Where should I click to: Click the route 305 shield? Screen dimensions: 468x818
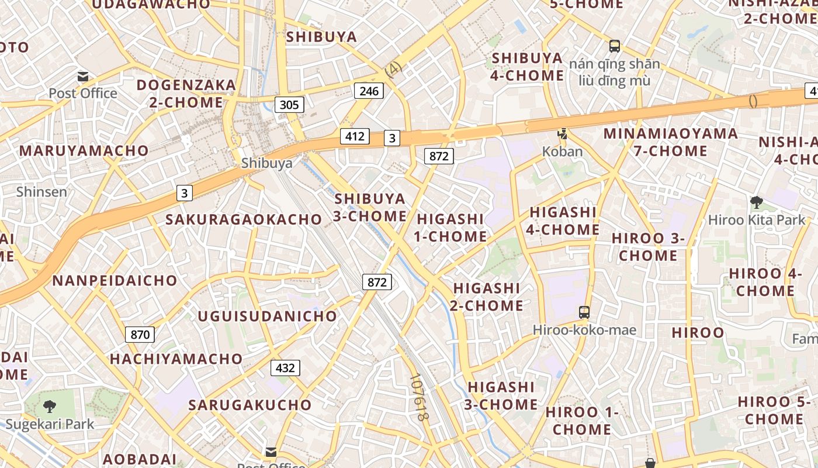tap(289, 105)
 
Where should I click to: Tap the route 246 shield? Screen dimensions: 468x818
tap(369, 91)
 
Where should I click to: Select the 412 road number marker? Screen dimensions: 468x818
tap(355, 136)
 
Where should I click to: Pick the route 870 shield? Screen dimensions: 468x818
tap(140, 335)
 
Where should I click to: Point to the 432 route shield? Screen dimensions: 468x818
tap(285, 368)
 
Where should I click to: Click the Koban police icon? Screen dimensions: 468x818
tap(563, 135)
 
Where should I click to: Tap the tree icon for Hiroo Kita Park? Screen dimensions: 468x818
tap(757, 203)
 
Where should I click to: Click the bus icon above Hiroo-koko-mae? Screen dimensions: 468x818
tap(584, 312)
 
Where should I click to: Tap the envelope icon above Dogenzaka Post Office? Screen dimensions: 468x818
tap(83, 76)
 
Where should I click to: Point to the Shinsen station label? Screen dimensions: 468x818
tap(41, 191)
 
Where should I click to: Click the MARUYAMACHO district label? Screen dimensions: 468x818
tap(84, 150)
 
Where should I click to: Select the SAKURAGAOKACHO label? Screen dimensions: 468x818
tap(244, 219)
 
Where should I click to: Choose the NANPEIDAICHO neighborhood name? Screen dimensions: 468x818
tap(115, 280)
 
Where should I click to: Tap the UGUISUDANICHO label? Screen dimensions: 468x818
tap(268, 316)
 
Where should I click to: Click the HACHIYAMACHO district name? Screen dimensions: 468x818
tap(176, 359)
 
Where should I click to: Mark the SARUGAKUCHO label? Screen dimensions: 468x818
tap(250, 405)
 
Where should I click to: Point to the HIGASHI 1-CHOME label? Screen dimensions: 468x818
tap(450, 228)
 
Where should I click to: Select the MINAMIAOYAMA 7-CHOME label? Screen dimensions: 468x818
tap(671, 142)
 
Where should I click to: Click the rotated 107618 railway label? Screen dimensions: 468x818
tap(420, 398)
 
